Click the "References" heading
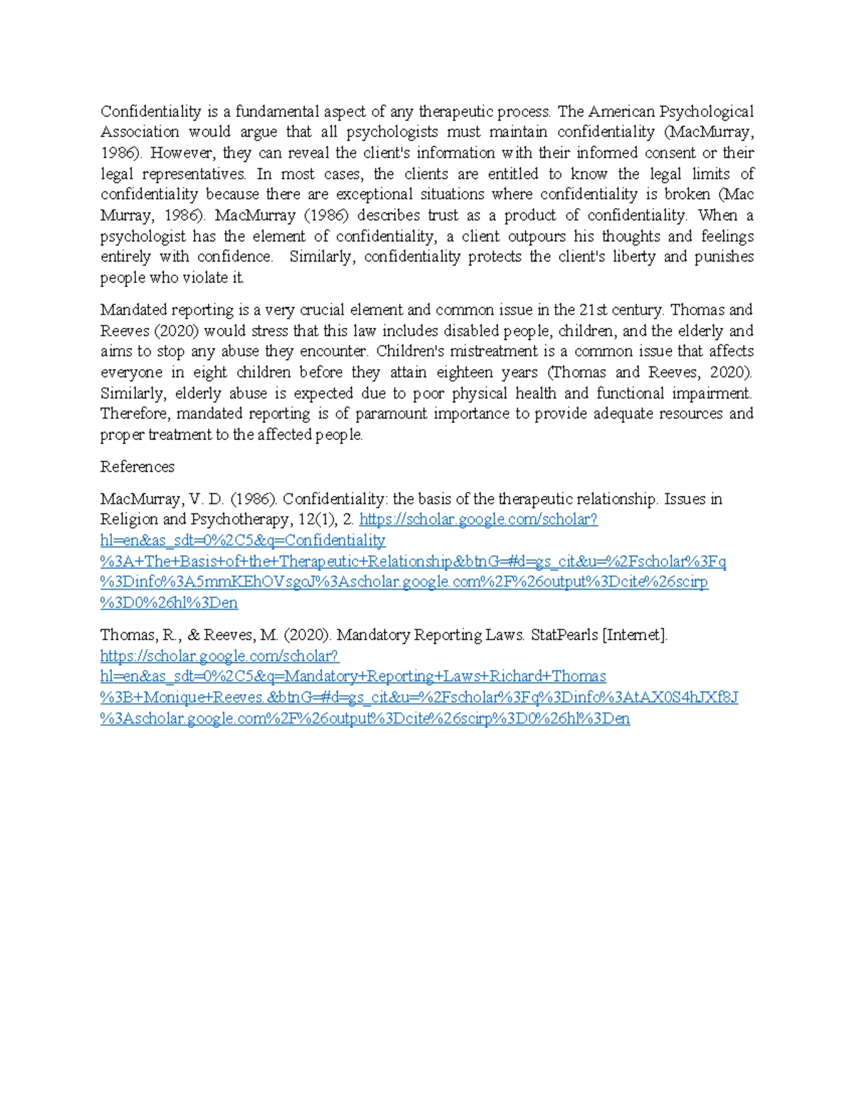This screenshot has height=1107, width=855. click(x=138, y=466)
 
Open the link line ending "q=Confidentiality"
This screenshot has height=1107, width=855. click(x=243, y=540)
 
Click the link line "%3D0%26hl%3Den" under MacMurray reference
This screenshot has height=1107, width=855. click(x=169, y=602)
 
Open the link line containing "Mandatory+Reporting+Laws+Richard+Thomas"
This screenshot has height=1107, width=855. click(x=353, y=676)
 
